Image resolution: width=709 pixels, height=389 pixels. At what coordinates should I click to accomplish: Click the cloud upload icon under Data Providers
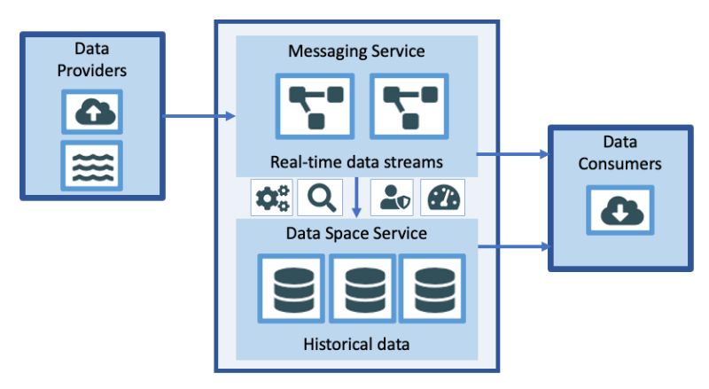point(92,112)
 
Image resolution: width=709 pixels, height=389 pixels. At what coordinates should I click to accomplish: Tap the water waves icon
point(92,166)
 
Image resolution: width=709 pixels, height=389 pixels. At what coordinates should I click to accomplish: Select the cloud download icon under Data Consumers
point(620,210)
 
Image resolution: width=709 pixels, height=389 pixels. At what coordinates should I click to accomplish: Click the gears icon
point(272,198)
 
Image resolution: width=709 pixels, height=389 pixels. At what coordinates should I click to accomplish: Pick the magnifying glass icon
point(320,198)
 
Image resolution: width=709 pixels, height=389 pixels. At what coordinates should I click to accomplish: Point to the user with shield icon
point(392,198)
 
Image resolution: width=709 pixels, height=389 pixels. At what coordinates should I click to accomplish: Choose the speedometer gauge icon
point(442,198)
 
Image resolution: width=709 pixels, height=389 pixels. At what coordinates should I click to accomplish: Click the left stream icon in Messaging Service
point(316,106)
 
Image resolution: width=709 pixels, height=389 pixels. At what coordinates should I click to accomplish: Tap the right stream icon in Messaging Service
point(409,106)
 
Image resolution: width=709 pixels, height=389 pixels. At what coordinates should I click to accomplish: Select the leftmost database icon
point(292,289)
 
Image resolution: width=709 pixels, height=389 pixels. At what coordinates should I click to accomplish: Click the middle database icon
point(362,289)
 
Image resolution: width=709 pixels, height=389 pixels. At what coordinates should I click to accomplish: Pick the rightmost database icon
point(432,289)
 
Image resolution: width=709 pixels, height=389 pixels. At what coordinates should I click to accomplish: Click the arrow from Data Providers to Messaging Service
point(199,116)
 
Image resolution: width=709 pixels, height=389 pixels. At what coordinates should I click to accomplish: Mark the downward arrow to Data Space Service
point(356,198)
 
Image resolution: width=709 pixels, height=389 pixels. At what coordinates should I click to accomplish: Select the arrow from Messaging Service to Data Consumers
point(513,154)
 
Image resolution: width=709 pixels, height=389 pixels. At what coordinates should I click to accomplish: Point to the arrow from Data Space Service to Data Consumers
point(514,246)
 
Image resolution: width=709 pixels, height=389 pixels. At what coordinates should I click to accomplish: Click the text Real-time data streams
point(356,162)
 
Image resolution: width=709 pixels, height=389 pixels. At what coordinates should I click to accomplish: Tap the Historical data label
point(356,344)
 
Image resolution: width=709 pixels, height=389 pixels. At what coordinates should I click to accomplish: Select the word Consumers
point(619,164)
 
